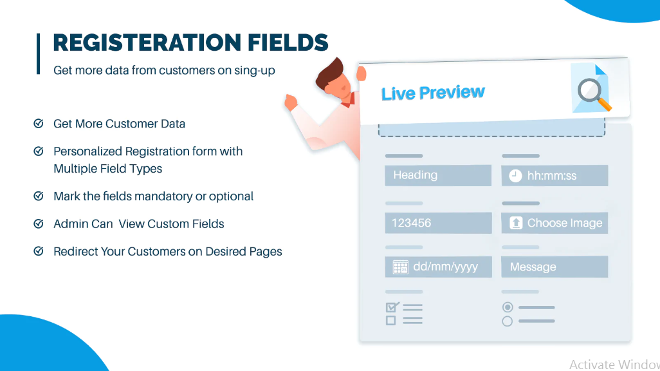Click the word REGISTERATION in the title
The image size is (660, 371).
(147, 43)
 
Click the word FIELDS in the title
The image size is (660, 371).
(288, 43)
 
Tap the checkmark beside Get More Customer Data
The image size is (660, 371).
(39, 124)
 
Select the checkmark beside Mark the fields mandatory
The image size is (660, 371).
(39, 196)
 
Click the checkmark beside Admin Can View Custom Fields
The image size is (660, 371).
(39, 224)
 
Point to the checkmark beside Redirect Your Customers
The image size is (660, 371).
(39, 251)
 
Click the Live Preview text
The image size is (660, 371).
(433, 93)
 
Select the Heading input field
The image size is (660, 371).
(438, 175)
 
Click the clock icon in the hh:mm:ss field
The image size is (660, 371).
(515, 176)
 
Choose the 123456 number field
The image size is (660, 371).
(438, 223)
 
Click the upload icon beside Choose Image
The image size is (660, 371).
(516, 223)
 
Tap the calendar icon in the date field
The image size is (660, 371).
(400, 267)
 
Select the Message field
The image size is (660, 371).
(555, 267)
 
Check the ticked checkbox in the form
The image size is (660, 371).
(392, 307)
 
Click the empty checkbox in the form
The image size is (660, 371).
(390, 320)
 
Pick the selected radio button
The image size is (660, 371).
(508, 307)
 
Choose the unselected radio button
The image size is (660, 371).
(508, 321)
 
